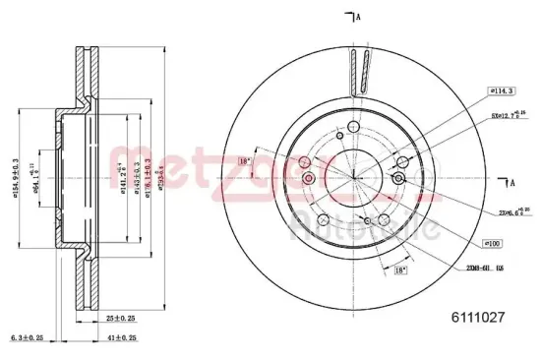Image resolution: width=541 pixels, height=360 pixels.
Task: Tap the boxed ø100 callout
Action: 493,243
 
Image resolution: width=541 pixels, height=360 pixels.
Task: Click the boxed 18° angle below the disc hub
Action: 399,270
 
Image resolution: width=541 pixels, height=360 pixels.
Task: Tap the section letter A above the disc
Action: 356,17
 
